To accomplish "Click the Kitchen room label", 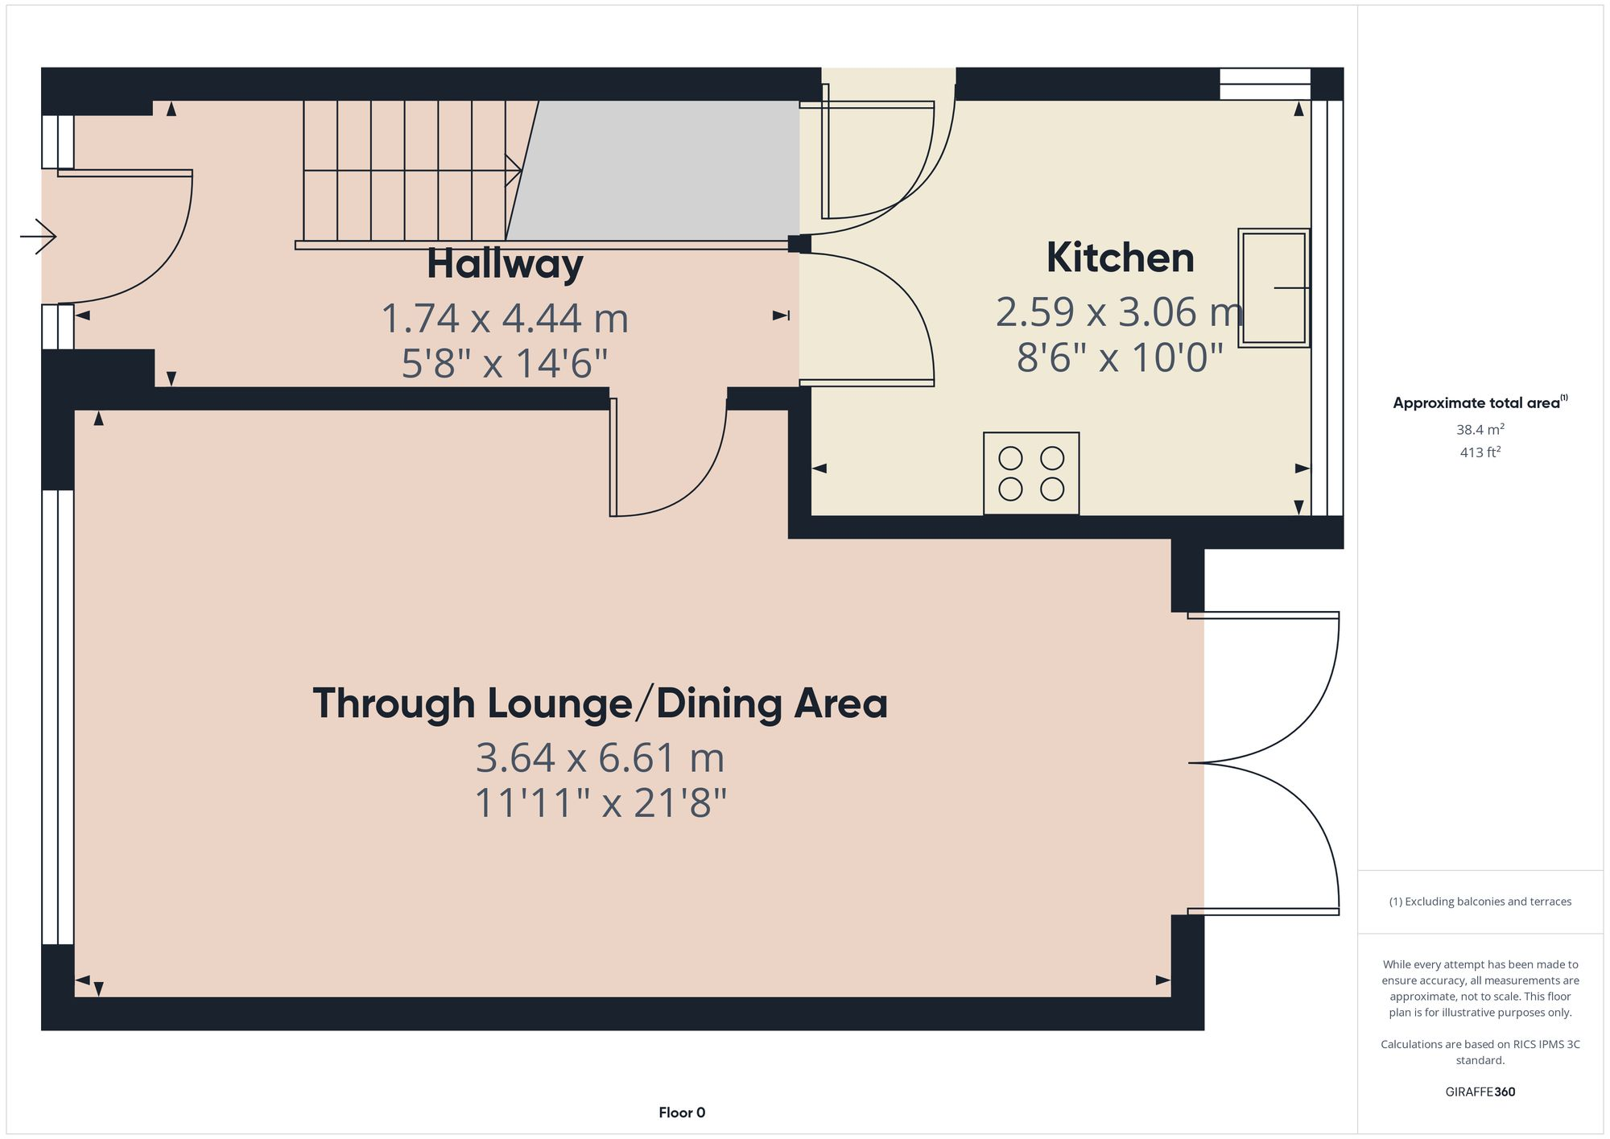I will click(x=1120, y=258).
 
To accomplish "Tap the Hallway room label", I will click(x=505, y=264).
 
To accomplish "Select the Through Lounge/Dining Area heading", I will click(x=600, y=704).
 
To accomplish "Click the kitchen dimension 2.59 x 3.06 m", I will click(x=1120, y=312).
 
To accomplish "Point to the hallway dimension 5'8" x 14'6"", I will click(x=505, y=363).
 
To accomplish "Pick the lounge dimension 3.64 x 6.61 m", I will click(x=600, y=758).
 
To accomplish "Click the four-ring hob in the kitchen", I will click(x=1031, y=473).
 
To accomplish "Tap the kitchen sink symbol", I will click(x=1274, y=287).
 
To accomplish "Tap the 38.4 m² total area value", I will click(x=1480, y=430).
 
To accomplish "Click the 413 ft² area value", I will click(x=1480, y=452).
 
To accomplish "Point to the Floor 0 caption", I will click(x=682, y=1112).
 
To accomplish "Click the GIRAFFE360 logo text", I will click(x=1480, y=1092).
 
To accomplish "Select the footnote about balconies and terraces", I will click(x=1480, y=902).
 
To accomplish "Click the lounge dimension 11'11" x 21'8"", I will click(x=600, y=803).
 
